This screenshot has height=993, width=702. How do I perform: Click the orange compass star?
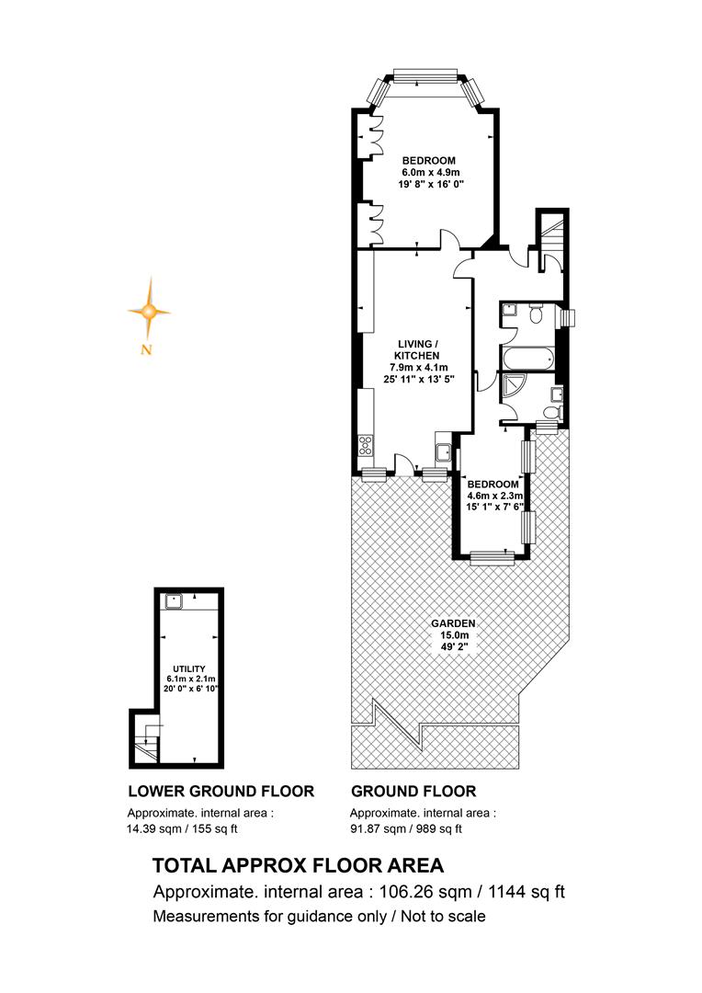point(150,311)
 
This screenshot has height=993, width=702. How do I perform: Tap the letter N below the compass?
point(146,349)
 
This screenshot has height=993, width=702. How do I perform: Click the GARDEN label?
point(453,623)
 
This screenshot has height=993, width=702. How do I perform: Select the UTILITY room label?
point(189,668)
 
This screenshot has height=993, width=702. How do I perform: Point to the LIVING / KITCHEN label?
point(419,349)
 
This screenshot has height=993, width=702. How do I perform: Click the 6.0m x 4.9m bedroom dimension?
point(430,172)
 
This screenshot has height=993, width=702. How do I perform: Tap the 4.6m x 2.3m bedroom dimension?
point(495,496)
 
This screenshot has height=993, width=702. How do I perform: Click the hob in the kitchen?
point(367,446)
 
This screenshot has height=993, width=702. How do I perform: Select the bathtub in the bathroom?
point(526,359)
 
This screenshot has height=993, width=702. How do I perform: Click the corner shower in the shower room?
point(513,388)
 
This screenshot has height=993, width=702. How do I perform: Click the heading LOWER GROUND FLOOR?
point(221,791)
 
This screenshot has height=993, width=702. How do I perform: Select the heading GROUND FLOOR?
point(413,791)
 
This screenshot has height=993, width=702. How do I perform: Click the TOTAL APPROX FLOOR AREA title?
point(298,865)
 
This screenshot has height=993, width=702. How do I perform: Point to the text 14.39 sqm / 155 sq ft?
point(182,828)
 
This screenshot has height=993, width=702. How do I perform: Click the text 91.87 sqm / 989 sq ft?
point(406,828)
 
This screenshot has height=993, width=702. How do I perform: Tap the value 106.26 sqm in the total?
point(425,892)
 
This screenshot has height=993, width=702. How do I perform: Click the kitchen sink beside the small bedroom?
point(443,452)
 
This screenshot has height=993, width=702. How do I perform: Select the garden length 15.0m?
point(454,635)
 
